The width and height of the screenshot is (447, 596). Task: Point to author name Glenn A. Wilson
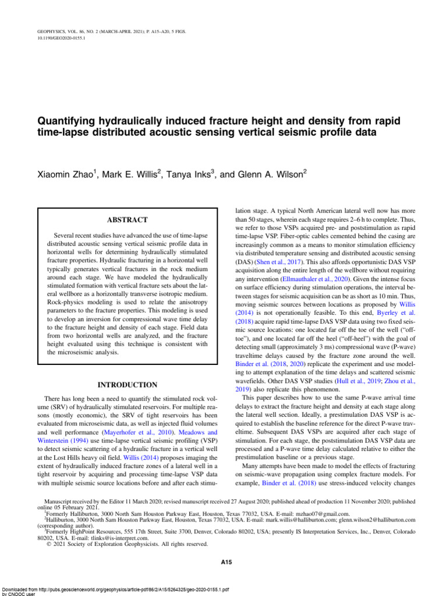point(275,173)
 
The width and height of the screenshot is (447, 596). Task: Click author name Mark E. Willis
point(132,173)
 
